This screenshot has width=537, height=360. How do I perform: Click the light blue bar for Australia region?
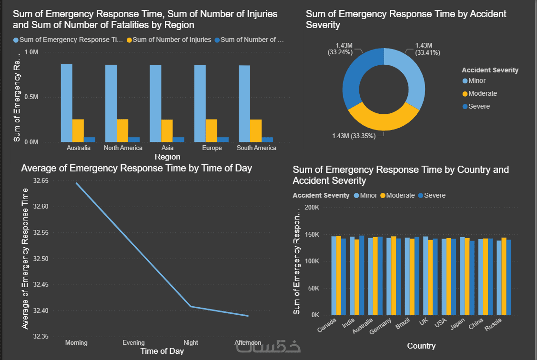[x=67, y=103]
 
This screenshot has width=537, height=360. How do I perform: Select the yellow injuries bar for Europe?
[x=212, y=130]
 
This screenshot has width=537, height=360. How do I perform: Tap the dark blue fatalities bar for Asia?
[x=178, y=140]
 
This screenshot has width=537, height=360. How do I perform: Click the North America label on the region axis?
[x=123, y=148]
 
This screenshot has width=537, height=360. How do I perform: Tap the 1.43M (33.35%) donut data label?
[x=354, y=136]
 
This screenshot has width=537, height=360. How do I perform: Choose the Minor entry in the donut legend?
[x=476, y=80]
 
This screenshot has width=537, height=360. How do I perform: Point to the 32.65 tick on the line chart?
[x=41, y=181]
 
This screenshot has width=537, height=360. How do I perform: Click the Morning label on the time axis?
[x=76, y=343]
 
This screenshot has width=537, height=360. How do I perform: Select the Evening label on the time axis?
[x=133, y=343]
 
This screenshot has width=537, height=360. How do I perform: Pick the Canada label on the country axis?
[x=327, y=326]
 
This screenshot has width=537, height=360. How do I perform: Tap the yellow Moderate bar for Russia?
[x=504, y=276]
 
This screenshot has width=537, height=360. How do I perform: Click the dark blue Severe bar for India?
[x=362, y=275]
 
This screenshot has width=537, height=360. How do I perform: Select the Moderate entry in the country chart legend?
[x=400, y=195]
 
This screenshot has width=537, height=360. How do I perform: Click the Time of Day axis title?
[x=162, y=351]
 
